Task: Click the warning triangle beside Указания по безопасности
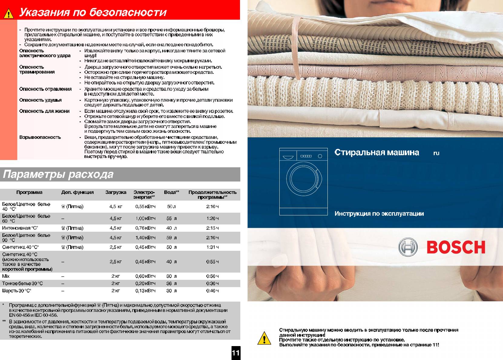pos(8,13)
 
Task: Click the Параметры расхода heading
pos(58,174)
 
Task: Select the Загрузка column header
pos(116,192)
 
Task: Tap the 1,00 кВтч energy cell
pos(145,218)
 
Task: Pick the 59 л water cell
pos(171,238)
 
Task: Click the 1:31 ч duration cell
pos(212,247)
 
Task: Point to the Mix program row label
pos(6,276)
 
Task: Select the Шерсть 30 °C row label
pos(17,291)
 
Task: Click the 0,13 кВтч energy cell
pos(145,291)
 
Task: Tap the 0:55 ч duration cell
pos(212,262)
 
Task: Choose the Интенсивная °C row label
pos(20,228)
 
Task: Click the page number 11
pos(235,353)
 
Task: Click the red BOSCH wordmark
pos(456,247)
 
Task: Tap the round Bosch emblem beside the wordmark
pos(408,247)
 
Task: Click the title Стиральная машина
pos(377,152)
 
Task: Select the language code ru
pos(436,153)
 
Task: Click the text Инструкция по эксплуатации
pos(379,214)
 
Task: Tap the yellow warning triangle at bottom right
pos(264,338)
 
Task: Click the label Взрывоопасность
pos(40,137)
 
